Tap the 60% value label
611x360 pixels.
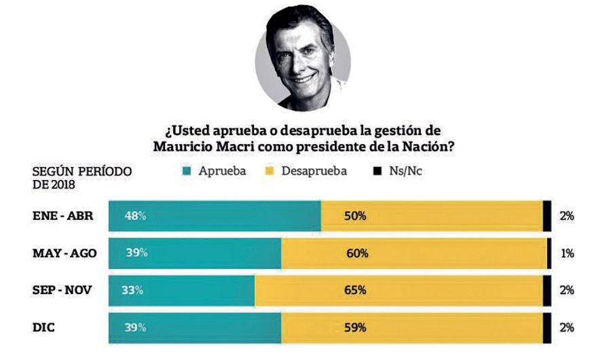tap(356, 253)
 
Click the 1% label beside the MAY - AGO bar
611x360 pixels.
tap(568, 253)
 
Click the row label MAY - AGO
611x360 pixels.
tap(64, 253)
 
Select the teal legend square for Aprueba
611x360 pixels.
tap(185, 171)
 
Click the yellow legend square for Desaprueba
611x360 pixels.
tap(270, 171)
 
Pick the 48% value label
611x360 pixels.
tap(135, 216)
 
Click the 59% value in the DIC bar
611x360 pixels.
tap(356, 327)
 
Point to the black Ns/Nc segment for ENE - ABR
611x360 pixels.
tap(547, 216)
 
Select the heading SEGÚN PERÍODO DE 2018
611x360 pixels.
tap(81, 177)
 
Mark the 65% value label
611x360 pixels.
tap(355, 290)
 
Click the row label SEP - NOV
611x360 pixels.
tap(62, 290)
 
